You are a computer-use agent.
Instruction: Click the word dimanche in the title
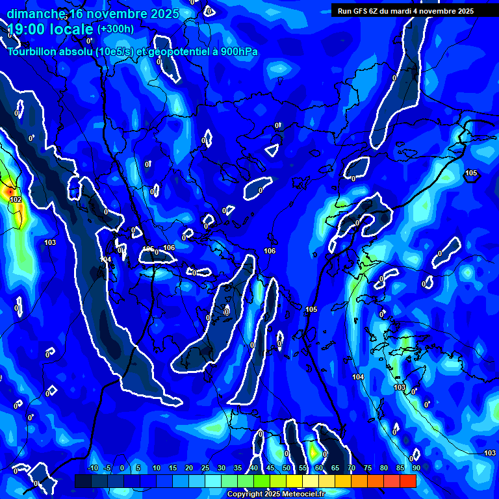tap(36, 14)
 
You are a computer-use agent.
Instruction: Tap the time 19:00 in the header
tap(29, 29)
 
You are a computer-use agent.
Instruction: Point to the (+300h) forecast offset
tap(116, 29)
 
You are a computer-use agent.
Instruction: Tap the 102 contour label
tap(16, 199)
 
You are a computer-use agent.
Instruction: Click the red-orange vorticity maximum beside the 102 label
tap(6, 192)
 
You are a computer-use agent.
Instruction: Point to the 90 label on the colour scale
tap(416, 468)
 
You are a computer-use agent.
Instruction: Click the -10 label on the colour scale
tap(93, 468)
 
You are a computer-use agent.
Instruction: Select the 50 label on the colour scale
tap(287, 468)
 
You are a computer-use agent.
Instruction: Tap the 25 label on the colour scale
tap(205, 468)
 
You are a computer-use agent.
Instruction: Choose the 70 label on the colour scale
tap(352, 468)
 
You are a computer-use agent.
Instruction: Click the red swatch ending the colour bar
tap(407, 481)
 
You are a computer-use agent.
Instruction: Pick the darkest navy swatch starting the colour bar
tap(83, 481)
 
